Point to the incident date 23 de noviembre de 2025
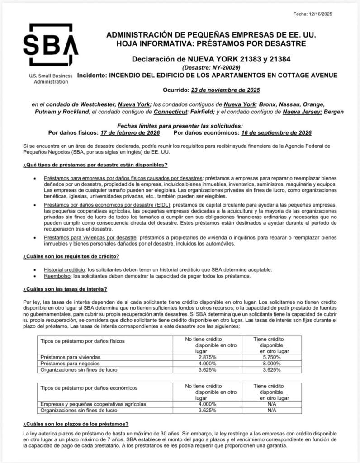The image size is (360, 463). (229, 90)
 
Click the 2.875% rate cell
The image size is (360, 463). (207, 357)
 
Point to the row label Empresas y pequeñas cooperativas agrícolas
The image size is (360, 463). (93, 404)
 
